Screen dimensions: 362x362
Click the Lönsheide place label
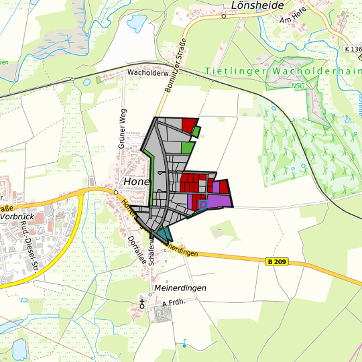click(257, 5)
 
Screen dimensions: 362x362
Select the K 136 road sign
click(351, 49)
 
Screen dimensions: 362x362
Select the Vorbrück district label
click(17, 217)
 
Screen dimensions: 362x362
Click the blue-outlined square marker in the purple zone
click(203, 203)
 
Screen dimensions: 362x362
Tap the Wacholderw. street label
click(146, 71)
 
